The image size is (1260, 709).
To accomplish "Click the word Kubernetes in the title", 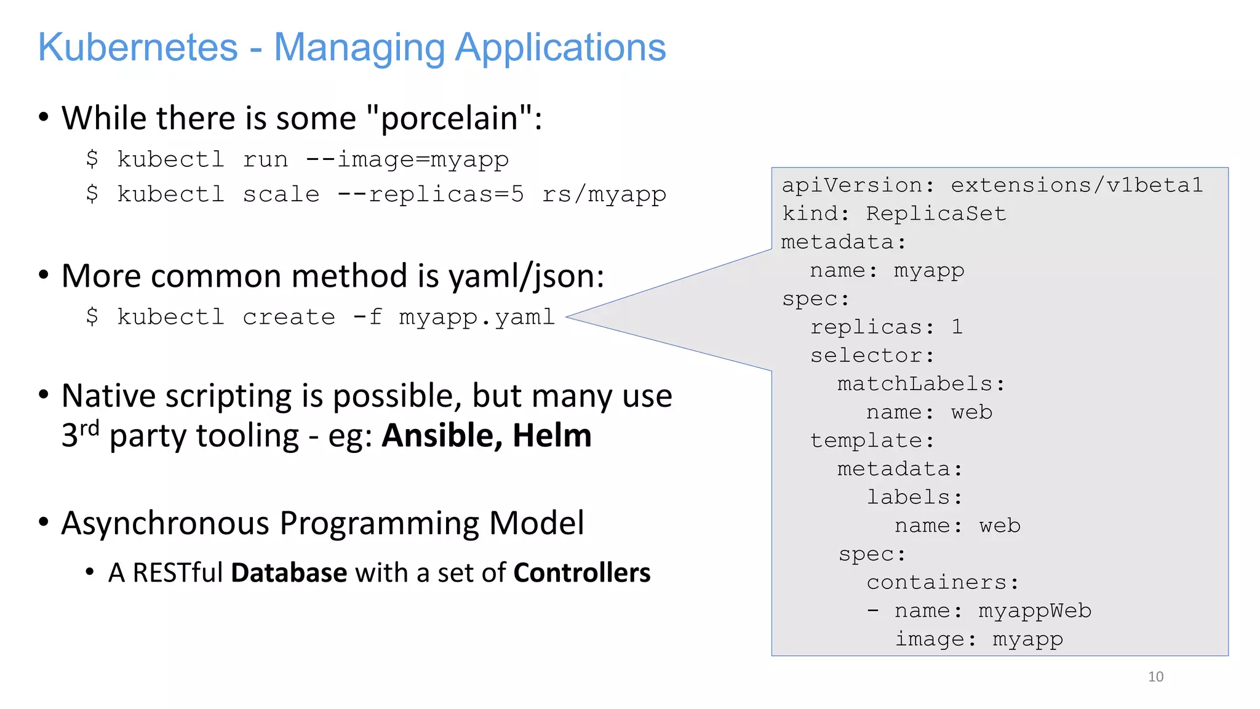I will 138,47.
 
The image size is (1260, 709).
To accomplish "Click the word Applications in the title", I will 560,47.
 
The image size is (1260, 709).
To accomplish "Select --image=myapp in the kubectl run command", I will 407,159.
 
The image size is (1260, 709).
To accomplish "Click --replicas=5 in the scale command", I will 431,194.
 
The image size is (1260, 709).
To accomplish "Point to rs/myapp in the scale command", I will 604,194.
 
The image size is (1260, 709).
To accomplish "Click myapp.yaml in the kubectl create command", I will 477,318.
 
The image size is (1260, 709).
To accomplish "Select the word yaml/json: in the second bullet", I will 527,276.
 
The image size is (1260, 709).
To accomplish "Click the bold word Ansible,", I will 438,436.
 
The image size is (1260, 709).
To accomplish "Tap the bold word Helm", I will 552,436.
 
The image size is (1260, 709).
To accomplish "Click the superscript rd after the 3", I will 89,428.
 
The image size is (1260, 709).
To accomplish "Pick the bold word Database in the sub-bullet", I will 289,573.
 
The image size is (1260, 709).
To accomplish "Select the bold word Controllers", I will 581,573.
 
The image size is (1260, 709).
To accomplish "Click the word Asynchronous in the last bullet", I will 165,523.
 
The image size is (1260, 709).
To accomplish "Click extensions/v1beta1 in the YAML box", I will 1077,185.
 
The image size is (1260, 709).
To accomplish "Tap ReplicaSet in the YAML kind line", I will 936,214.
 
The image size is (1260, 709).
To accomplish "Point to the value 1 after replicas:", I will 957,327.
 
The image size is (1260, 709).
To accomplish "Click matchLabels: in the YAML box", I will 921,384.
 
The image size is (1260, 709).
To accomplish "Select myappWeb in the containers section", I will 1035,611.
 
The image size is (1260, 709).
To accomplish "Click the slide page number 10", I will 1155,676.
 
